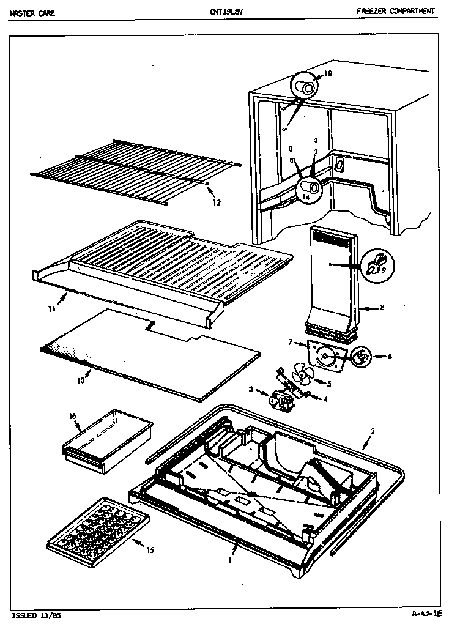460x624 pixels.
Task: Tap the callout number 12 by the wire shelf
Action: pyautogui.click(x=217, y=202)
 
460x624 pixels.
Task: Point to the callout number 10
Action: pyautogui.click(x=80, y=381)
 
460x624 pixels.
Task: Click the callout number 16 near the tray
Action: pyautogui.click(x=72, y=416)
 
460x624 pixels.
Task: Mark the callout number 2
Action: pyautogui.click(x=373, y=431)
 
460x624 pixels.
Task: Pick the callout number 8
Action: pyautogui.click(x=382, y=308)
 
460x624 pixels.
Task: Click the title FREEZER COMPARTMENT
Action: pyautogui.click(x=396, y=11)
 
